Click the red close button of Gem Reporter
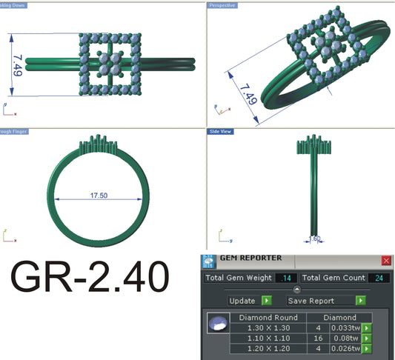(386, 261)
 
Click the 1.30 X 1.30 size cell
(269, 327)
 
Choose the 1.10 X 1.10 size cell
(269, 338)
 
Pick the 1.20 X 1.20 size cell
(269, 348)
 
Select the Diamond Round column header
(269, 317)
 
